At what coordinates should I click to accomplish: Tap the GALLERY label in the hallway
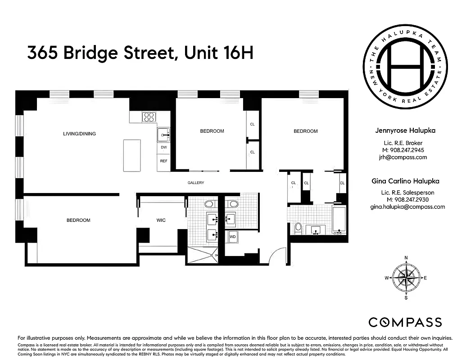tap(196, 183)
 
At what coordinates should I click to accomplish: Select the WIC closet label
tap(161, 220)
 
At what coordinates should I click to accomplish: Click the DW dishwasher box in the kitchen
tap(163, 148)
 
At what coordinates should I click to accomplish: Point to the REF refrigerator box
tap(163, 161)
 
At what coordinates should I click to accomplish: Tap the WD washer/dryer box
tap(233, 236)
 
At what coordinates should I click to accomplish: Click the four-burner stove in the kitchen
tap(149, 117)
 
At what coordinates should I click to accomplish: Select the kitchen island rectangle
tap(132, 155)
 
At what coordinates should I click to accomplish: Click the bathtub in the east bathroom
tap(339, 220)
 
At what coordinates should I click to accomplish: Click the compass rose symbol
tap(406, 278)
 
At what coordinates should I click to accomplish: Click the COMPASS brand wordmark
tap(405, 322)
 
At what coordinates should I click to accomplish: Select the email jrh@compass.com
tap(402, 157)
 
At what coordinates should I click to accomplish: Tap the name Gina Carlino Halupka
tap(405, 181)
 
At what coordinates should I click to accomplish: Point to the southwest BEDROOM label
tap(78, 220)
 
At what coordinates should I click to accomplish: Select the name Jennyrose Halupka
tap(405, 131)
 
